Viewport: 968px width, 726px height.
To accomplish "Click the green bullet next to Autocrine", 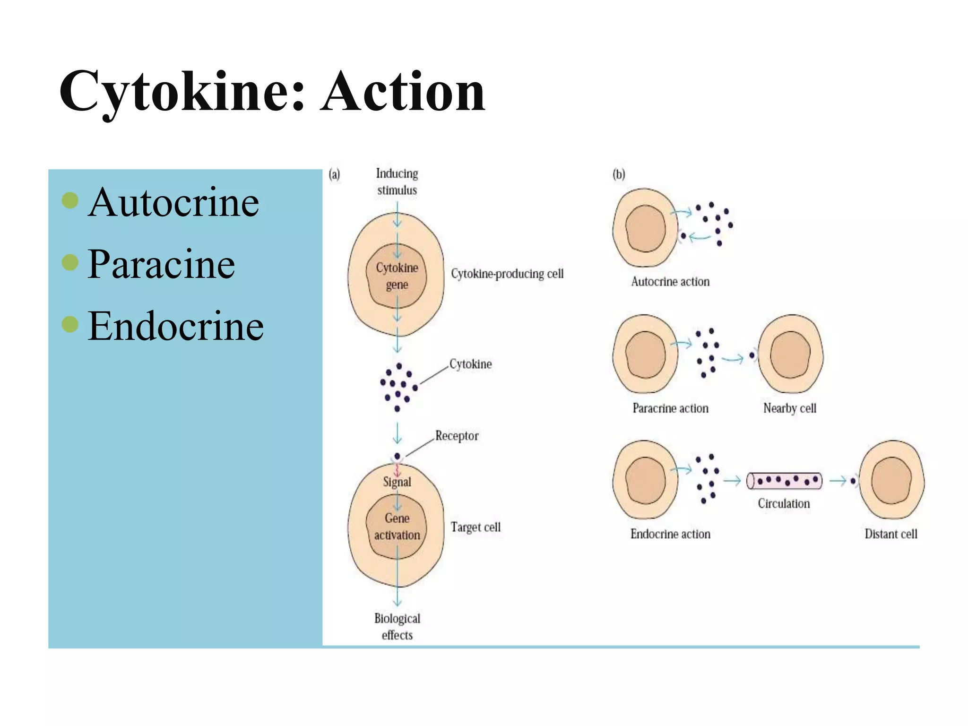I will (x=70, y=200).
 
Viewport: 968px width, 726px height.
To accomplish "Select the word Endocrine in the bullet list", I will (x=175, y=326).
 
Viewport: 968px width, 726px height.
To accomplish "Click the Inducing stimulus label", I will (x=397, y=181).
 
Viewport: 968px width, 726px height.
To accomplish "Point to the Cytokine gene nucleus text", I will (x=397, y=276).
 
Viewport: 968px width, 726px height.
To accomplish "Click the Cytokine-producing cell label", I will (x=507, y=274).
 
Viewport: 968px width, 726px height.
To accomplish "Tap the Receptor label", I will (x=457, y=436).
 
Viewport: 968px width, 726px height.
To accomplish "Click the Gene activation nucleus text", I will (x=397, y=527).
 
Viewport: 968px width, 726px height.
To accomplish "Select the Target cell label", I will (x=475, y=527).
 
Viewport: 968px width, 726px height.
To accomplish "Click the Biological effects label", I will (x=397, y=626).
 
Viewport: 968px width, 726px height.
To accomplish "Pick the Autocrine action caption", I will (x=670, y=282).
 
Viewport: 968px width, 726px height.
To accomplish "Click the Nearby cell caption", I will (x=790, y=408).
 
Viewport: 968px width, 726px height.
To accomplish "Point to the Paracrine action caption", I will (x=670, y=408).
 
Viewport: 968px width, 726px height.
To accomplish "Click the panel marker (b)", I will (x=619, y=174).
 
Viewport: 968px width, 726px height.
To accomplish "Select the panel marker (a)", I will (x=334, y=174).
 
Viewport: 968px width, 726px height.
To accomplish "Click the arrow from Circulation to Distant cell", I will (x=838, y=481).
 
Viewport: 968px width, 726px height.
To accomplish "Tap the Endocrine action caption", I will (x=670, y=534).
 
